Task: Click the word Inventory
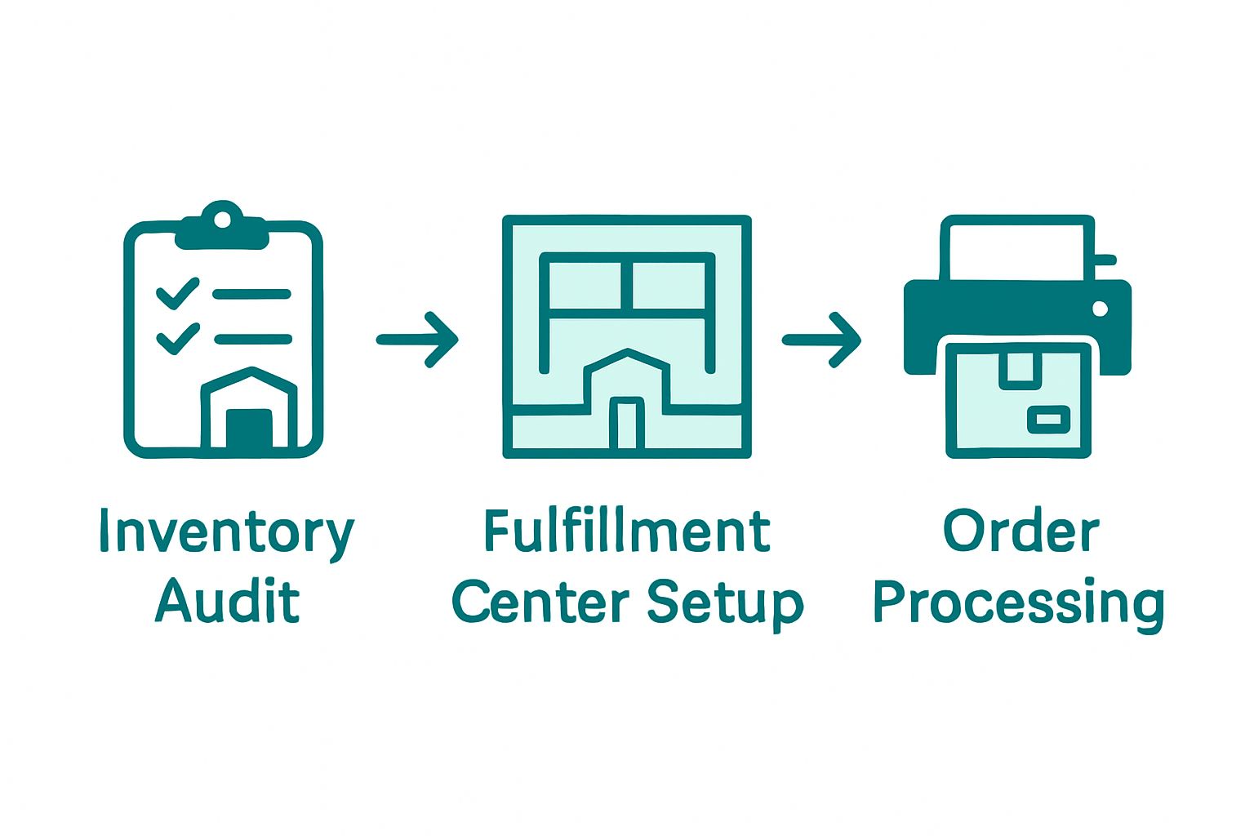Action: pos(226,532)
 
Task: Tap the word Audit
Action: pos(227,602)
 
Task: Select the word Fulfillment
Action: pos(626,532)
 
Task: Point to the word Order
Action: pos(1021,532)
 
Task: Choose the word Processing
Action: pos(1019,604)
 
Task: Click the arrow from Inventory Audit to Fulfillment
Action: pos(418,339)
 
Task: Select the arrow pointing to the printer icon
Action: pos(822,340)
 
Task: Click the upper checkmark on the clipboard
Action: pos(178,294)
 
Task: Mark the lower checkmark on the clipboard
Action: pos(178,338)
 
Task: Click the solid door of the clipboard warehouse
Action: pos(249,429)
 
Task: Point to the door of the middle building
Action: pos(627,423)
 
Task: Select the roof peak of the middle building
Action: pos(627,354)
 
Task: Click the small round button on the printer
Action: pos(1100,309)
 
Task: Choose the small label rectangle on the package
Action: pos(1047,419)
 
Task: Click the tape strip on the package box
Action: pos(1020,368)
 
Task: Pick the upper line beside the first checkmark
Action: pos(251,294)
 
